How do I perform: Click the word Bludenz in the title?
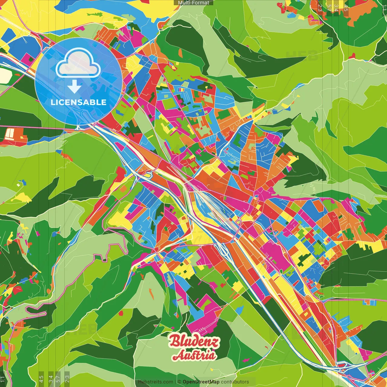tap(194, 341)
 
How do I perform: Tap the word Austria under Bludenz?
tap(194, 355)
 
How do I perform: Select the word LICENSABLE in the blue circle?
tap(79, 102)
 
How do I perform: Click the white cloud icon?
tap(79, 64)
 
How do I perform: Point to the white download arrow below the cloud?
tap(74, 87)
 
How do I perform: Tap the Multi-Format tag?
tap(193, 3)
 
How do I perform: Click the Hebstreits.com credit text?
tap(155, 382)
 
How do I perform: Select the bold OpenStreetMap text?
tap(201, 382)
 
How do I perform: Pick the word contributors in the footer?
tap(235, 382)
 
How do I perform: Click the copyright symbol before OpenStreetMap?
tap(179, 382)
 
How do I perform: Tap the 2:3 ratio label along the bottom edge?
tap(67, 378)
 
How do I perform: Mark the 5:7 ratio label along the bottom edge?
tap(58, 378)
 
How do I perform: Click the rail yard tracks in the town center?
tap(209, 206)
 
